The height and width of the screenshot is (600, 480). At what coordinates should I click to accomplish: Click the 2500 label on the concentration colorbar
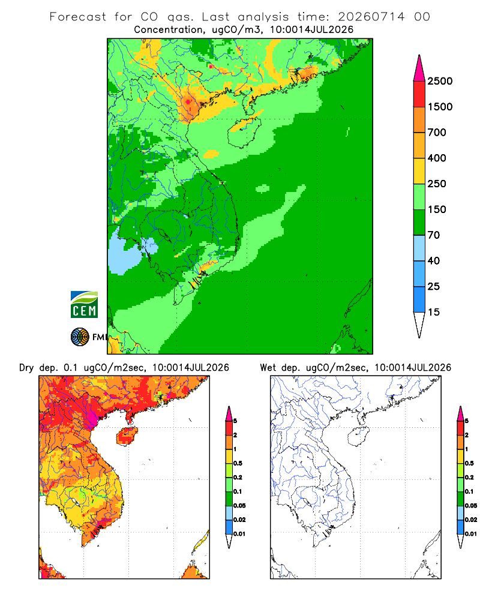(x=440, y=81)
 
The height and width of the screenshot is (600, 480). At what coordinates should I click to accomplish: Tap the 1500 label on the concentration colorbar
(x=440, y=107)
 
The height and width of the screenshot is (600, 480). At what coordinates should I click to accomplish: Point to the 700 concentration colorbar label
(x=437, y=133)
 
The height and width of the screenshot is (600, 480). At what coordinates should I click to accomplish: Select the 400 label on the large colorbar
(x=437, y=158)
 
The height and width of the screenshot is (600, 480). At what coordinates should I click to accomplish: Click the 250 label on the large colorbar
(x=437, y=184)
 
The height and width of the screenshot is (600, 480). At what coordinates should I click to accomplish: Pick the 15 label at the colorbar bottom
(x=434, y=312)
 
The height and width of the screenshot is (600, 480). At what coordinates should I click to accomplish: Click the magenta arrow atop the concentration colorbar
(x=419, y=68)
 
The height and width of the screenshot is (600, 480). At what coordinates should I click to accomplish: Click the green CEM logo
(x=84, y=304)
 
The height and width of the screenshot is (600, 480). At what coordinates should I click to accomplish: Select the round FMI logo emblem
(x=80, y=337)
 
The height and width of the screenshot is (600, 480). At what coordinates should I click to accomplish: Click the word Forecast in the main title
(x=78, y=17)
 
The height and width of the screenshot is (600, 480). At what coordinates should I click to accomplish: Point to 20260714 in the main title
(x=371, y=17)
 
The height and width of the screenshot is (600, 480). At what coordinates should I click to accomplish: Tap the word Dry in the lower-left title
(x=26, y=368)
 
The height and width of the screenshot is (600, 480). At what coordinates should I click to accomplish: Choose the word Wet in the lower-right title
(x=268, y=368)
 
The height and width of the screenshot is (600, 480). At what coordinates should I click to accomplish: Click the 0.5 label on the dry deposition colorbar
(x=238, y=463)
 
